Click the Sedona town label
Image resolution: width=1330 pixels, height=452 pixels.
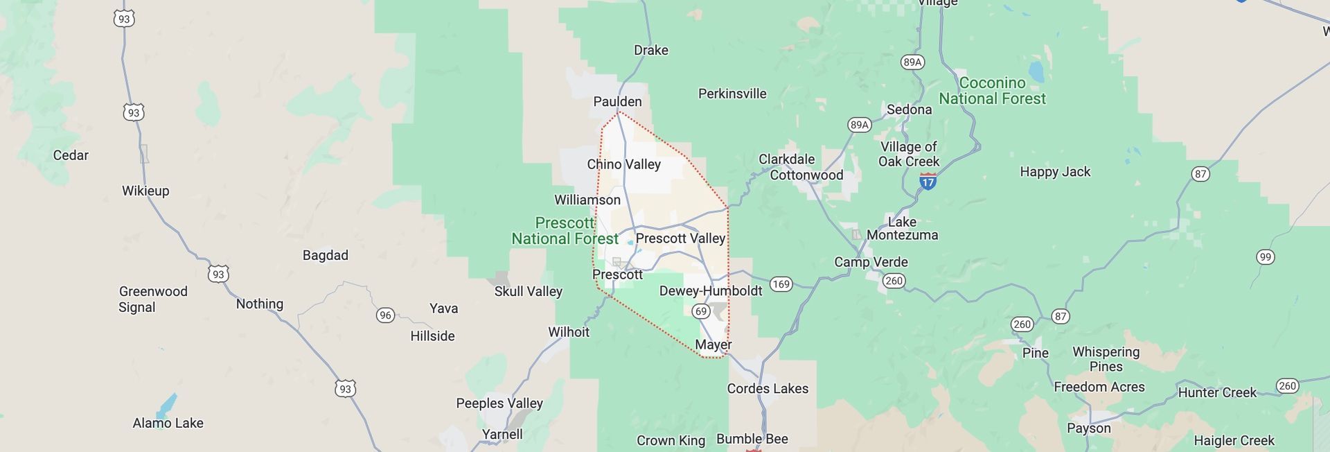909,110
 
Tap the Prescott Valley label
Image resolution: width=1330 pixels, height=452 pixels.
680,238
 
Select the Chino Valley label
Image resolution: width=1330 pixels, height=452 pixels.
623,164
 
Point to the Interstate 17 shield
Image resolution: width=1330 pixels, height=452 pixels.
928,182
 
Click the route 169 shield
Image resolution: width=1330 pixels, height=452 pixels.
781,284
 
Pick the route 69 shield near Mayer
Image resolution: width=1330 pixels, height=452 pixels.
701,311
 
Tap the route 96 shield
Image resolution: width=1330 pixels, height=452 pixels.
385,315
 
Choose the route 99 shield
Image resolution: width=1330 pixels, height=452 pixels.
1265,257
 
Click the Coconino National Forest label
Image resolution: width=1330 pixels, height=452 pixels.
992,91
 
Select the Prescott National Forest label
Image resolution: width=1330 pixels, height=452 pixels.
565,231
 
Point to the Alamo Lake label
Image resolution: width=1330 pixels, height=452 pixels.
168,423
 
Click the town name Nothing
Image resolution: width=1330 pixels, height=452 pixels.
259,304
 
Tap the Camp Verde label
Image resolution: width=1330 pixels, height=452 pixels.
871,262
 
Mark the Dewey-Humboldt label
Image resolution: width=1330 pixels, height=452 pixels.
710,291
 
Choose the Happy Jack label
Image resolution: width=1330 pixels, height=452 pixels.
1054,172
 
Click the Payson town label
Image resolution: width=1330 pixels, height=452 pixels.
1088,428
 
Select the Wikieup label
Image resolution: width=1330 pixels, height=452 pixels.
145,191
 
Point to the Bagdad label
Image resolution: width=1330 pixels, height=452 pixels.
325,255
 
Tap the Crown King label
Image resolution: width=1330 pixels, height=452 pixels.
671,440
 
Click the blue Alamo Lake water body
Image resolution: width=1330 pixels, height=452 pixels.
166,404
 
